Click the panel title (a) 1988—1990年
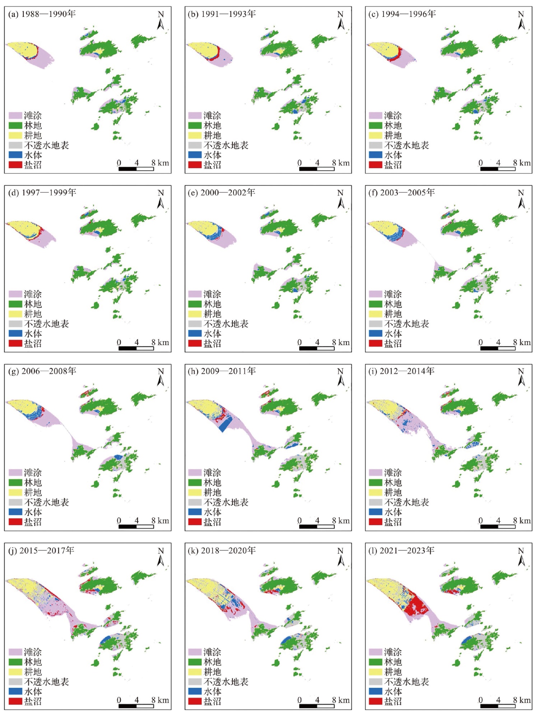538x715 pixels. (42, 14)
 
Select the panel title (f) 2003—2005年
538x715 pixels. (402, 192)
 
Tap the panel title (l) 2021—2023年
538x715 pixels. (402, 550)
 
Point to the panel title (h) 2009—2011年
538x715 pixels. (222, 371)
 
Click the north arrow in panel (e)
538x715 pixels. (340, 200)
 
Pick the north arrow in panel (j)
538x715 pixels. (161, 558)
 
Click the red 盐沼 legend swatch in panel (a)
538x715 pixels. (15, 165)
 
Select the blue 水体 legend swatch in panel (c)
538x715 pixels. (375, 155)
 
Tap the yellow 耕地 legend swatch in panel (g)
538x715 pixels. (15, 492)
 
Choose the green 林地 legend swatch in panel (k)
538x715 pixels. (195, 662)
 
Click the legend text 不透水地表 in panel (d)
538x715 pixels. (46, 324)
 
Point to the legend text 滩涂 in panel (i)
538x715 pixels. (393, 472)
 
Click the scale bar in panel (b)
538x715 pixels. (316, 169)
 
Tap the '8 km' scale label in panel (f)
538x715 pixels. (521, 342)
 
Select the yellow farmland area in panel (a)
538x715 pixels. (22, 50)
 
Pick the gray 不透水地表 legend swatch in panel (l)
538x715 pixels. (375, 682)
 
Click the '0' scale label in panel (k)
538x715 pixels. (300, 700)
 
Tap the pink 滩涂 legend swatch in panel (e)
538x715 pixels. (195, 294)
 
